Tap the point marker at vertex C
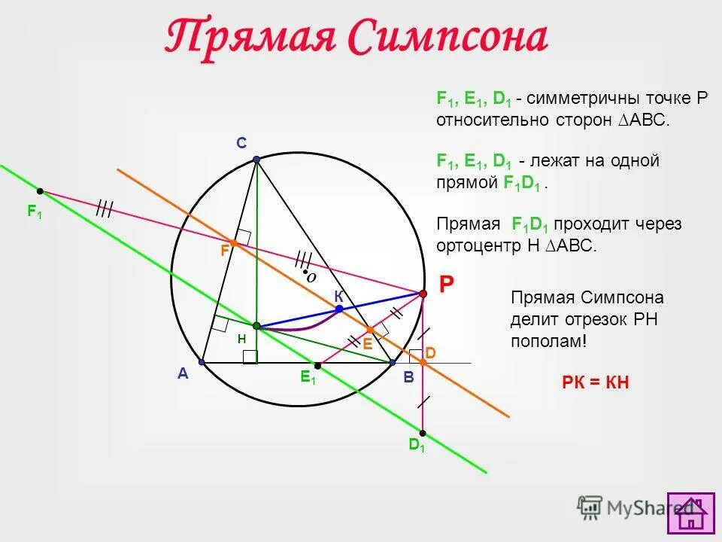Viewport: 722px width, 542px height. coord(256,160)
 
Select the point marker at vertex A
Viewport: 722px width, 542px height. coord(202,362)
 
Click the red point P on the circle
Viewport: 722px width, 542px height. coord(423,293)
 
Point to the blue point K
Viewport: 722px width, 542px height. coord(339,309)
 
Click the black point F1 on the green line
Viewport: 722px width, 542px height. coord(40,191)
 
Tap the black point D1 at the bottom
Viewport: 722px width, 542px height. coord(423,433)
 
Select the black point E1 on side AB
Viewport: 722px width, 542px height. coord(317,366)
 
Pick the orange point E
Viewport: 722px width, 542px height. coord(370,330)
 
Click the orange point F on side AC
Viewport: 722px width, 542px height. coord(234,243)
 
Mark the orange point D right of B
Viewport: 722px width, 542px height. coord(423,363)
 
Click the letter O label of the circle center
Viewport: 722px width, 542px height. coord(311,277)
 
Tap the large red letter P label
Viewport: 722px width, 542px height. coord(447,284)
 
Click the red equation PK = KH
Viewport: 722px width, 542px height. coord(595,382)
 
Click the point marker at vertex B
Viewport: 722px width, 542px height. coord(392,363)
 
